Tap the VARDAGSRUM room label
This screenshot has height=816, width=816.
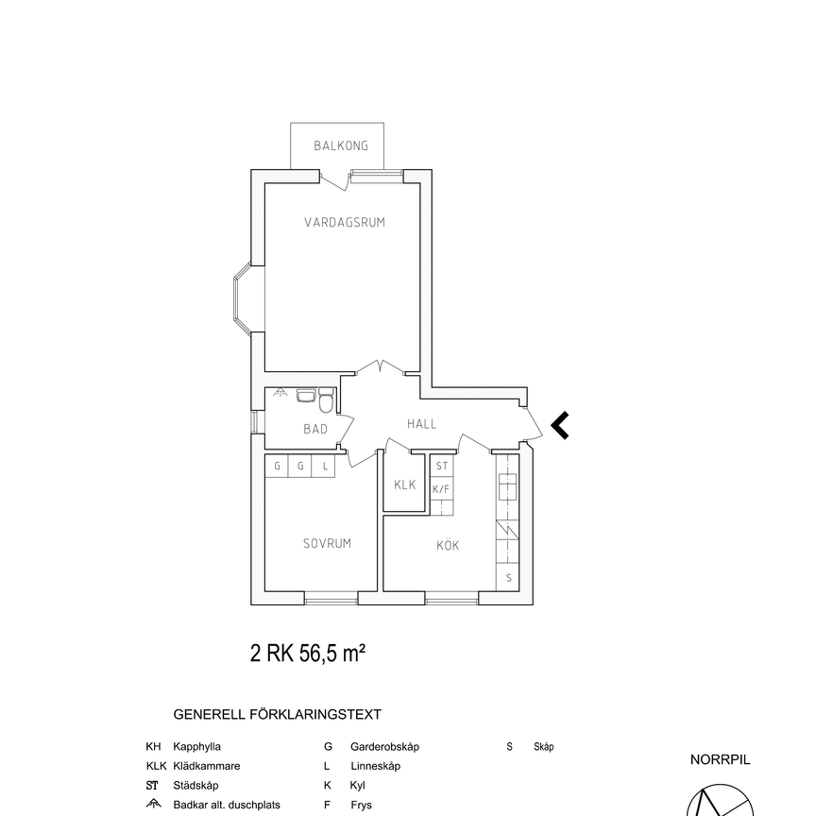click(x=344, y=222)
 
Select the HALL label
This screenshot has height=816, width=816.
click(x=421, y=424)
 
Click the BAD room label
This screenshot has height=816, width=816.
click(x=314, y=429)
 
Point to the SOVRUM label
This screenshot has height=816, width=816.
click(x=327, y=543)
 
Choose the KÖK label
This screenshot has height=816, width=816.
click(x=448, y=545)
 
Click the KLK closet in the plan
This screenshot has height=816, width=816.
click(x=405, y=484)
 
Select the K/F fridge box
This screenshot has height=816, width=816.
click(x=440, y=489)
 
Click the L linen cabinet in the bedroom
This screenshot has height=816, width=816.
click(x=325, y=467)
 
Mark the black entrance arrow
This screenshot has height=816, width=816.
click(x=559, y=426)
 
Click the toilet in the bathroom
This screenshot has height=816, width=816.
click(x=326, y=403)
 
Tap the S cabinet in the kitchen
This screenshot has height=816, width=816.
click(x=508, y=577)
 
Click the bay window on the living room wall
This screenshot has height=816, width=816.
click(x=243, y=297)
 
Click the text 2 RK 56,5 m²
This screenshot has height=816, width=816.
click(x=308, y=653)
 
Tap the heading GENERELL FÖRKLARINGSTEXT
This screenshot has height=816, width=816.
click(x=278, y=715)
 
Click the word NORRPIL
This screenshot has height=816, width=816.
click(x=720, y=758)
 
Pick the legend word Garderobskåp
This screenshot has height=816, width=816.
click(x=384, y=746)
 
